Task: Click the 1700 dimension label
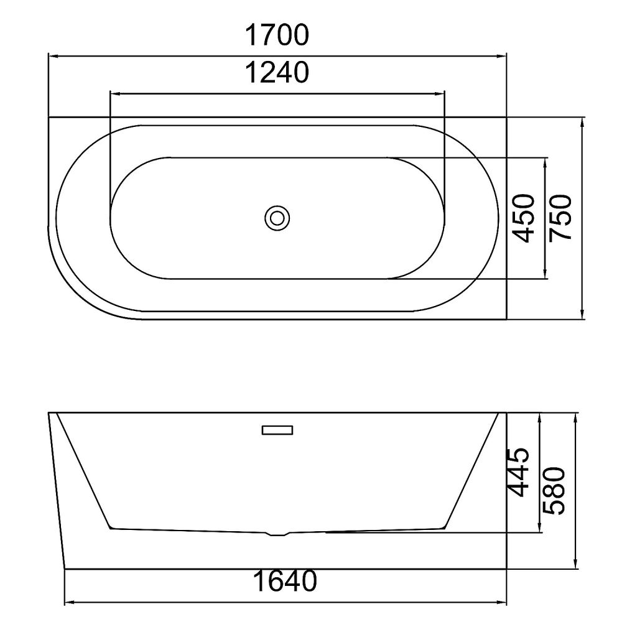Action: point(277,35)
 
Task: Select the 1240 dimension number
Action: point(277,73)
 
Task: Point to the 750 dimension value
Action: point(560,218)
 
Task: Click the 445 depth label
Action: point(518,472)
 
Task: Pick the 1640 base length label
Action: point(285,581)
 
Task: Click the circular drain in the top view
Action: point(277,218)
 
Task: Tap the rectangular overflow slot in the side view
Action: point(277,430)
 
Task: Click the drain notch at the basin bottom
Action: point(277,534)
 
